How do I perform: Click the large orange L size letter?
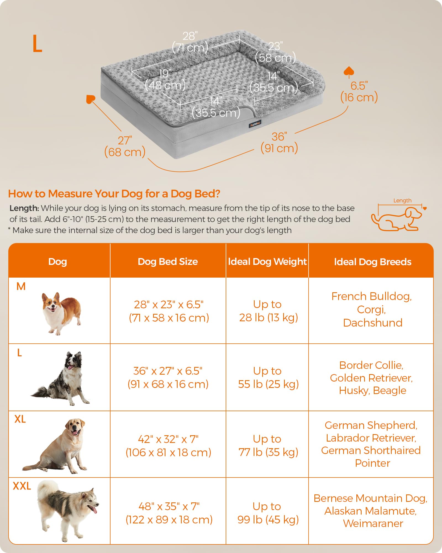[x=37, y=44]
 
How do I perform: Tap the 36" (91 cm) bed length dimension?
[x=279, y=143]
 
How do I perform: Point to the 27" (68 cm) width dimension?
[x=125, y=147]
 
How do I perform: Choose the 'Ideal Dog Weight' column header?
[x=267, y=262]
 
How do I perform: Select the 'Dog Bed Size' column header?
[x=168, y=262]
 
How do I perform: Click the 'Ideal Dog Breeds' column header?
[x=372, y=262]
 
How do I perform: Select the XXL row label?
[x=22, y=486]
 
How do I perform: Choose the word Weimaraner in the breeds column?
[x=373, y=523]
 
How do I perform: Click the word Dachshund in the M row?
[x=373, y=323]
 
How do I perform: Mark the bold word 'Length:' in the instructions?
[x=24, y=208]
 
